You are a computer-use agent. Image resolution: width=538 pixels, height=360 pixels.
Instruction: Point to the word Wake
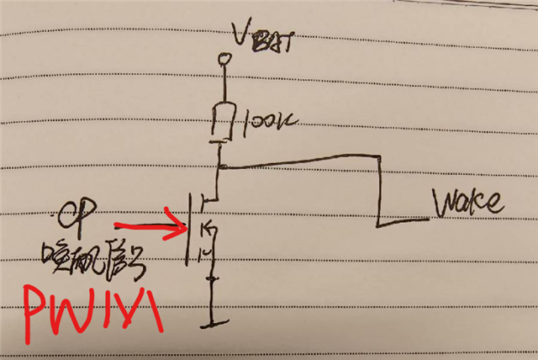point(467,203)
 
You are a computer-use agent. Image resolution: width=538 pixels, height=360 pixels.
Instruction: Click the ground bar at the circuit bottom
point(215,321)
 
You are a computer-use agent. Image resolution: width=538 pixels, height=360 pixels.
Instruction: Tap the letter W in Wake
point(443,203)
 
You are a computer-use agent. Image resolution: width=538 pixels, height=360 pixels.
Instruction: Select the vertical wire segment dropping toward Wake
point(379,190)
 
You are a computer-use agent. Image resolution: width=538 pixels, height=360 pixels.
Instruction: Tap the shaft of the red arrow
point(143,225)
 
